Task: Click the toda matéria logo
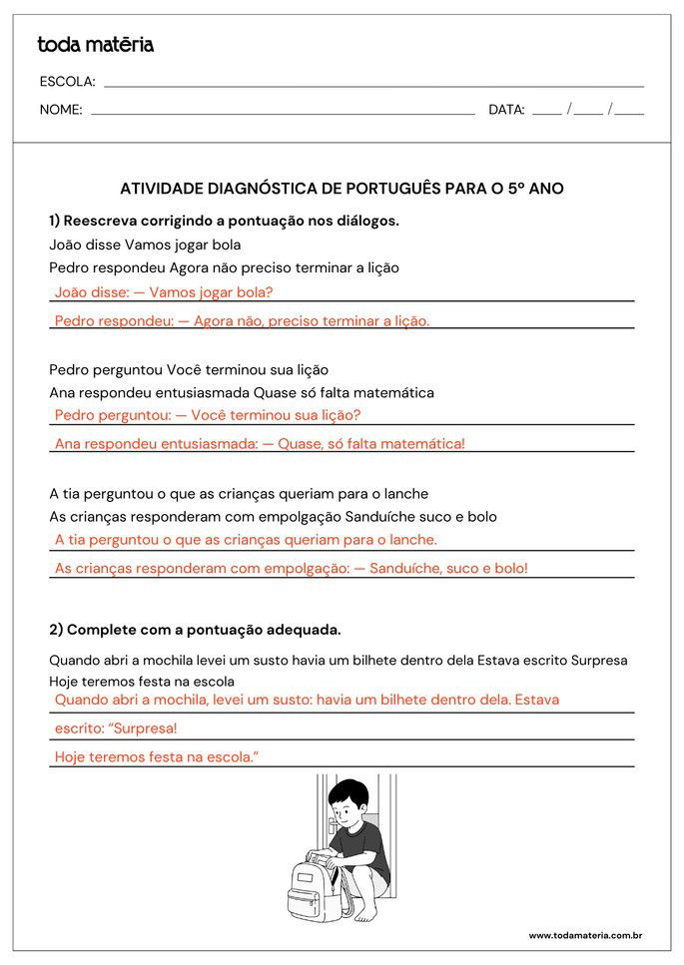(x=96, y=45)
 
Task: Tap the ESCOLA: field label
(x=67, y=82)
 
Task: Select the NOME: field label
(x=61, y=110)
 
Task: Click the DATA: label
(x=506, y=110)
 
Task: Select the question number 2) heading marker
(x=56, y=630)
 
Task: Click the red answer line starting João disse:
(x=164, y=292)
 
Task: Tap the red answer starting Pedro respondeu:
(x=242, y=321)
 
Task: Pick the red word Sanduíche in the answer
(x=403, y=568)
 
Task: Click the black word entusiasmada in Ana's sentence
(x=202, y=392)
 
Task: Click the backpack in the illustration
(x=316, y=884)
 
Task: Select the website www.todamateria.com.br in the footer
(x=584, y=935)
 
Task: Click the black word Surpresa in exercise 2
(x=598, y=660)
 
